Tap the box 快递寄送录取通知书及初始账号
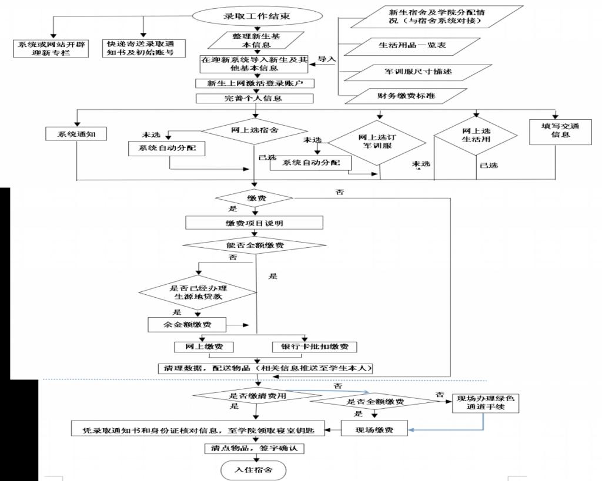pyautogui.click(x=143, y=48)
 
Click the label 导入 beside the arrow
pyautogui.click(x=327, y=59)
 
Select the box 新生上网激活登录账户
pyautogui.click(x=254, y=83)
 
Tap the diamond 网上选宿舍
pyautogui.click(x=254, y=130)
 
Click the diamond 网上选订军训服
pyautogui.click(x=376, y=142)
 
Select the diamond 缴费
pyautogui.click(x=254, y=199)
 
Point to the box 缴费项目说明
pyautogui.click(x=254, y=223)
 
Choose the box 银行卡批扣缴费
pyautogui.click(x=315, y=347)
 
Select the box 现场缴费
pyautogui.click(x=374, y=430)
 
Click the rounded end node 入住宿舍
pyautogui.click(x=253, y=469)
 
